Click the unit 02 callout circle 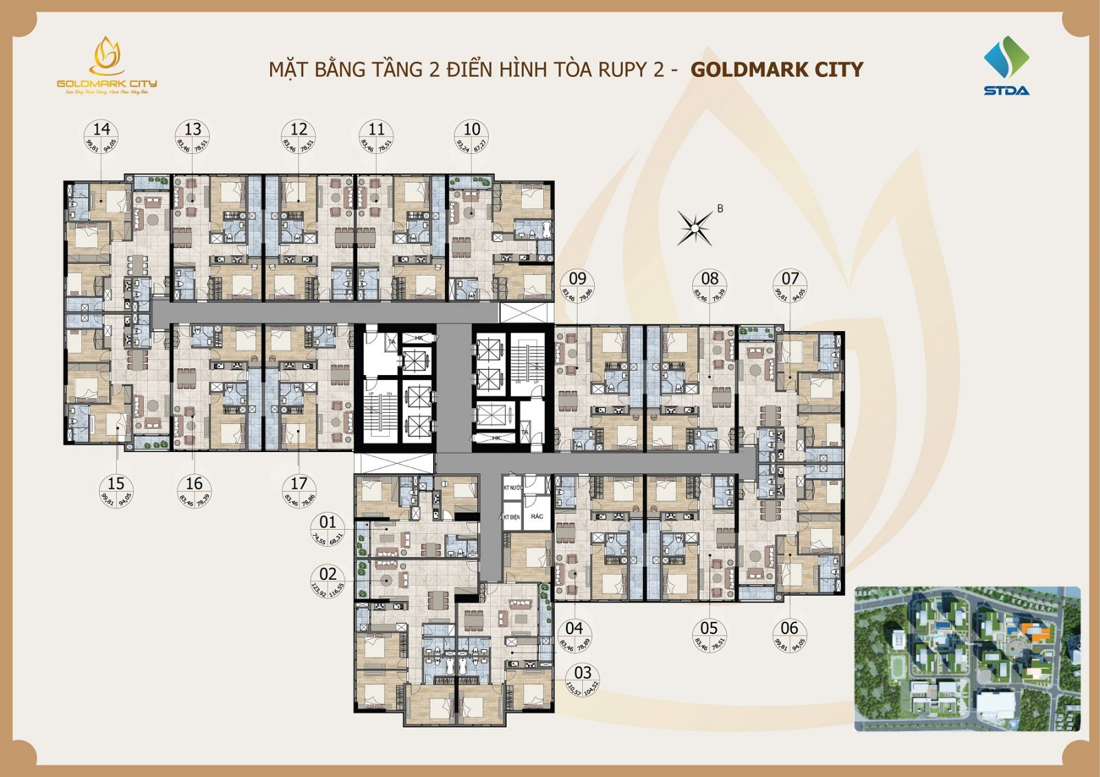328,582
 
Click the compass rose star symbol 696,225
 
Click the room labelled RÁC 537,516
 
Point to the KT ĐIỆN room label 511,516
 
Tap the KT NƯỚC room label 513,487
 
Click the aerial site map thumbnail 967,658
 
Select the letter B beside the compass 720,209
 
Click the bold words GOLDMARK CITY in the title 776,69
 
